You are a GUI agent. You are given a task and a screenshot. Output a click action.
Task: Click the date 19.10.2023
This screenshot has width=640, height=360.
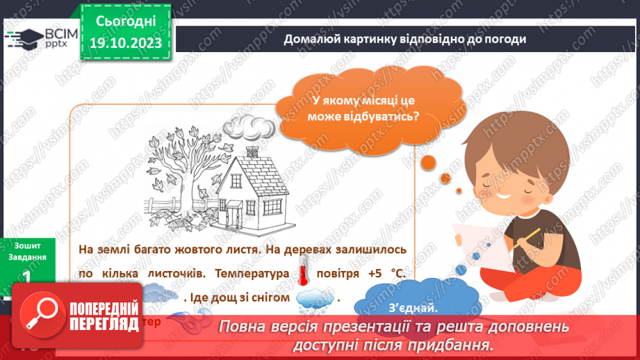(125, 43)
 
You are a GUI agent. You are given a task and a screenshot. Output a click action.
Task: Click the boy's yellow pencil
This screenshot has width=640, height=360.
(533, 236)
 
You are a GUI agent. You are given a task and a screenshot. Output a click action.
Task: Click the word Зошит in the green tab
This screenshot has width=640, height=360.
(26, 245)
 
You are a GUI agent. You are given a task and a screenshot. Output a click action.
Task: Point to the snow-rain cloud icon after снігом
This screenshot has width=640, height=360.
(313, 297)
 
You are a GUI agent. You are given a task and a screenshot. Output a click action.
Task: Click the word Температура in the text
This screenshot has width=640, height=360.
(252, 274)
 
